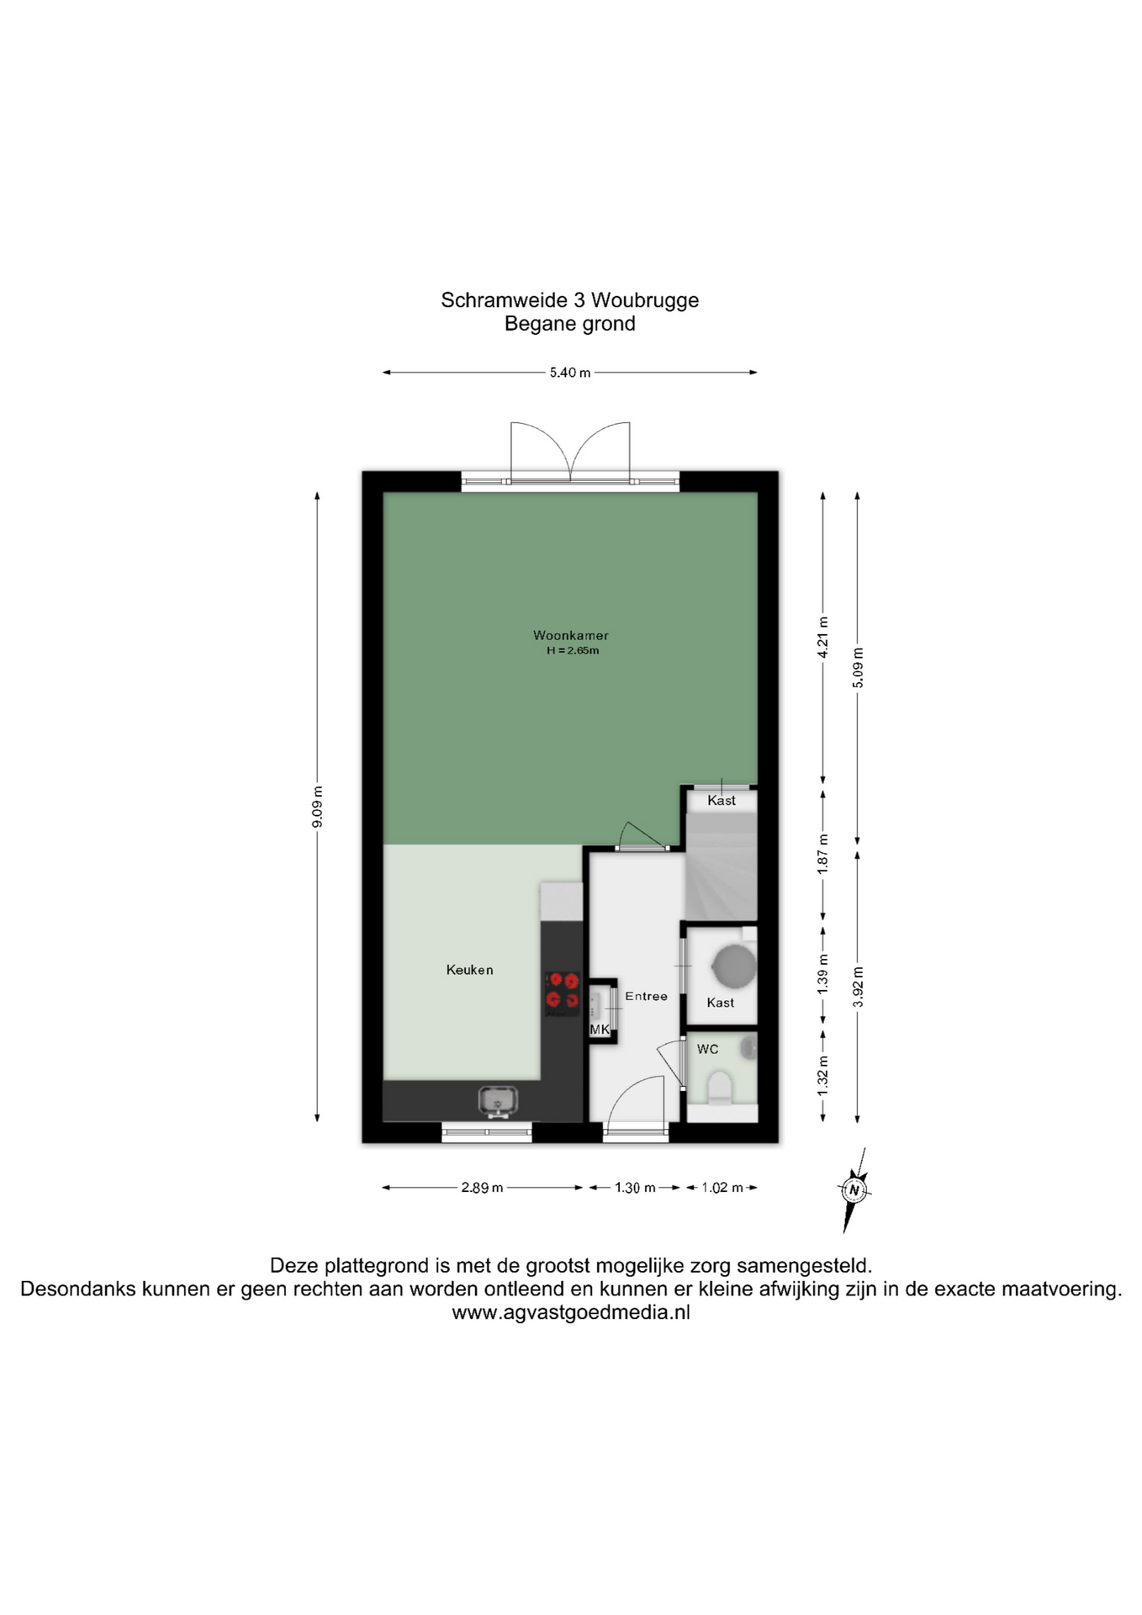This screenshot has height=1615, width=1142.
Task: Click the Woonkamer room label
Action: pos(570,636)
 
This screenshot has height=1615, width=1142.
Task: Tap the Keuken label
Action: pos(469,970)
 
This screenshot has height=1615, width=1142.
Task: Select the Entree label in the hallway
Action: pos(646,996)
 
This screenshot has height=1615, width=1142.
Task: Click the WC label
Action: pos(707,1049)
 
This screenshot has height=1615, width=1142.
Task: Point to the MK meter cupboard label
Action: pos(600,1030)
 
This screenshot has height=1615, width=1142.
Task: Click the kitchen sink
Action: pos(498,1100)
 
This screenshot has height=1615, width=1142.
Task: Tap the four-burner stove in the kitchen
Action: pos(563,990)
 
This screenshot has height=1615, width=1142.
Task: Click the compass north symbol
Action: pos(854,1189)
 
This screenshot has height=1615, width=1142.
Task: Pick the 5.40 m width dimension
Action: pos(570,373)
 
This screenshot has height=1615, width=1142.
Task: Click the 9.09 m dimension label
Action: pos(317,807)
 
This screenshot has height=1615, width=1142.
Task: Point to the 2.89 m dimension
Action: pos(482,1188)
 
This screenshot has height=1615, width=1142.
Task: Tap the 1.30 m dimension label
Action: pos(635,1188)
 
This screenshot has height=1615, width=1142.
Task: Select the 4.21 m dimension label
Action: pos(823,638)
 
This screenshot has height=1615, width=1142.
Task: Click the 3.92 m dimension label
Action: pos(858,988)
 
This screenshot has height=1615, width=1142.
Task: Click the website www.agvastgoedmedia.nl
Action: pos(571,1312)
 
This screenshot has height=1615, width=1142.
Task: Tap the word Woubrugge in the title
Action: pos(645,300)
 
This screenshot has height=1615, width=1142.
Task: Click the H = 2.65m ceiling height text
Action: pos(573,650)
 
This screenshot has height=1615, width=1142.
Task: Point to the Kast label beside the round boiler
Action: pos(721,1003)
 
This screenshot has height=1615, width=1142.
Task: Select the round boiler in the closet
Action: pos(735,965)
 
